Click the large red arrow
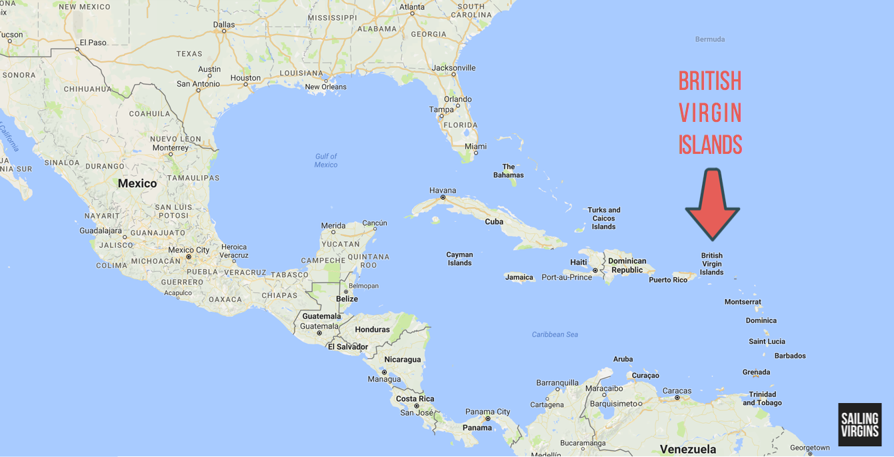click(712, 203)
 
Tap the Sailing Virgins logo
click(860, 424)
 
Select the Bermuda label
click(709, 39)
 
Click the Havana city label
click(443, 190)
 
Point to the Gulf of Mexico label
click(326, 161)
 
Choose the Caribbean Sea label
click(555, 334)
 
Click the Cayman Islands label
click(459, 258)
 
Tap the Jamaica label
click(519, 277)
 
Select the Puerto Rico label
click(668, 280)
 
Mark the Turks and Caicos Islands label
click(603, 219)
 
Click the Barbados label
click(790, 356)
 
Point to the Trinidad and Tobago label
click(762, 398)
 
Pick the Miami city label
click(475, 147)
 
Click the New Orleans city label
click(325, 87)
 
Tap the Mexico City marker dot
click(189, 256)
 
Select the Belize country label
click(347, 299)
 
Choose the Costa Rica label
click(415, 398)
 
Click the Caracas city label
click(677, 390)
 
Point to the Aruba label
click(623, 359)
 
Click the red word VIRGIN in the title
click(710, 113)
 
